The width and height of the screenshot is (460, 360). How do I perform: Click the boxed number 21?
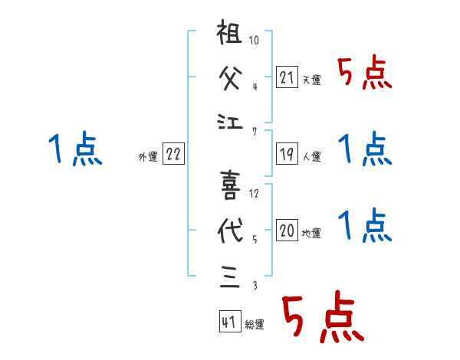[287, 77]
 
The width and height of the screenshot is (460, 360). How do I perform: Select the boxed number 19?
[287, 154]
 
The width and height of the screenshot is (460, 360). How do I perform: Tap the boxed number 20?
[287, 231]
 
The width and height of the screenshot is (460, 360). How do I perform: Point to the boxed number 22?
[173, 154]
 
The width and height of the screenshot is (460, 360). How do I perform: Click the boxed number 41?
[229, 322]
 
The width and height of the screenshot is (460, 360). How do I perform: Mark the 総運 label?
[254, 325]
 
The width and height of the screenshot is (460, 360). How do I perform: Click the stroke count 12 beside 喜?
[255, 194]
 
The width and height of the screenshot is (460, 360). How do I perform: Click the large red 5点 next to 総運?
[321, 318]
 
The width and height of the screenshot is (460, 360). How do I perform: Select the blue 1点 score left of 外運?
[74, 149]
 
